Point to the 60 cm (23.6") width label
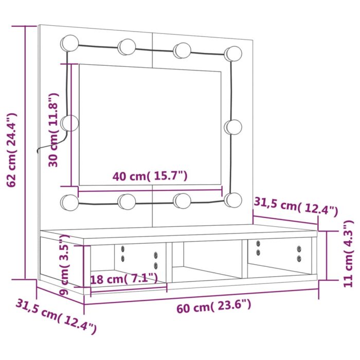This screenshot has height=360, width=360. coord(214,307)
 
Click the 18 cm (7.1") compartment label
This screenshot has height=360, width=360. coord(123,279)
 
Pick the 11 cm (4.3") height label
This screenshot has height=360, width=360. coord(348,253)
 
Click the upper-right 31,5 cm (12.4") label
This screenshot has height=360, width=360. coord(296,206)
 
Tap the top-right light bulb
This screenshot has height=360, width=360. coord(233,52)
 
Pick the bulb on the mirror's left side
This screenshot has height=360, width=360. coord(69,122)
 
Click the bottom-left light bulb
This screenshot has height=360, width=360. coord(69,202)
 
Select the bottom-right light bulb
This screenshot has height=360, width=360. coord(233,200)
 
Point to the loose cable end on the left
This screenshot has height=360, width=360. coord(39,151)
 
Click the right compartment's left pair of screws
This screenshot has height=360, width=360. coord(258,247)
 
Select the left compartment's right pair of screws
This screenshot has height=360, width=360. coord(155,260)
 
